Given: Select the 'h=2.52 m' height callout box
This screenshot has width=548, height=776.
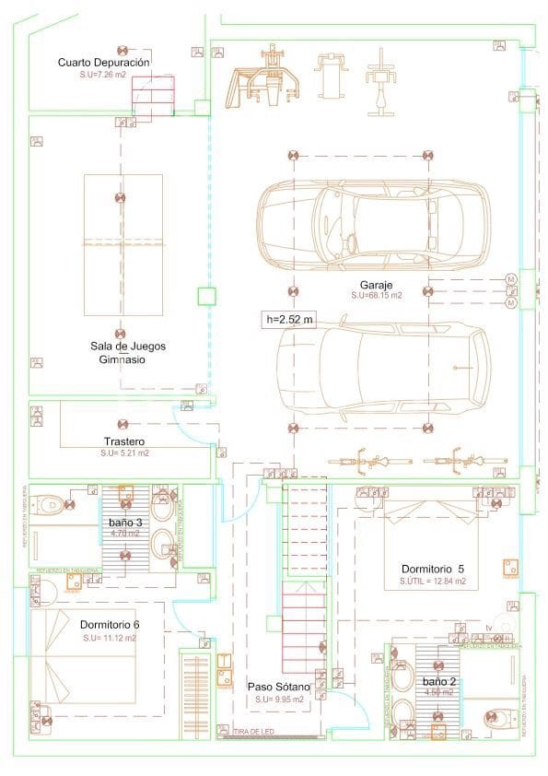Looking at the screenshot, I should pos(289,320).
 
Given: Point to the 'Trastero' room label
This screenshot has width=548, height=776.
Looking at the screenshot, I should pos(125,441).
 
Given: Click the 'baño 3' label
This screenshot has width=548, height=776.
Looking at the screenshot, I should pos(125,523).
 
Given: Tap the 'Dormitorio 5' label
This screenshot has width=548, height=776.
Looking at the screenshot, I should pos(433,569).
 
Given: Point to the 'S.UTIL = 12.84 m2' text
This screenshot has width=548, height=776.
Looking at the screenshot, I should pos(433,582).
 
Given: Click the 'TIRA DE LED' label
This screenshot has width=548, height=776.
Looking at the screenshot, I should pos(252,733).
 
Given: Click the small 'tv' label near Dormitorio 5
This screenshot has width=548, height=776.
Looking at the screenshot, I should pos(488,629).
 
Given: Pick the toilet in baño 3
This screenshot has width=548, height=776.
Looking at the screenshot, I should pos(51,504).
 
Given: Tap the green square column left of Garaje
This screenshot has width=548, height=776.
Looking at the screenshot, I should pos(206,296).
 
